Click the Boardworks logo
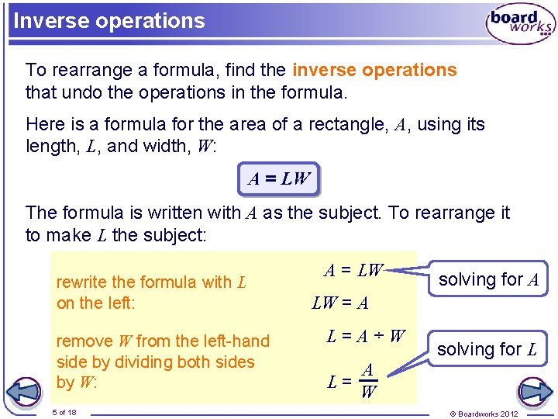tap(520, 25)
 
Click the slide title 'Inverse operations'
tap(109, 21)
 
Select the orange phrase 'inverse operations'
tap(374, 70)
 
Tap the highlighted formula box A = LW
tap(278, 179)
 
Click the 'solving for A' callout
tap(489, 279)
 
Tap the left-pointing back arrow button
tap(27, 390)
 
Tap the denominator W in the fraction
tap(368, 391)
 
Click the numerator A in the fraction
tap(369, 370)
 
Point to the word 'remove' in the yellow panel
tap(84, 341)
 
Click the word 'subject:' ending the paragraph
tap(174, 235)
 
